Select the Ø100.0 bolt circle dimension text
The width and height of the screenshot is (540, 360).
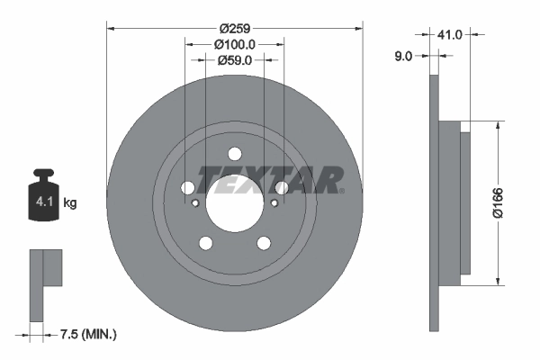click(236, 43)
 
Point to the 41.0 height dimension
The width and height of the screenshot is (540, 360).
click(450, 34)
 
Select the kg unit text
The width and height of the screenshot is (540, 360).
click(69, 203)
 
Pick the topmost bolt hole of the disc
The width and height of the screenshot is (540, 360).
click(235, 153)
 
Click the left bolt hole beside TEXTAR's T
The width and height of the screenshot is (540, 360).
click(188, 188)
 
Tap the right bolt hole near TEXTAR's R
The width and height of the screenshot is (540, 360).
click(282, 188)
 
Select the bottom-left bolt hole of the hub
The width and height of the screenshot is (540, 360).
click(206, 243)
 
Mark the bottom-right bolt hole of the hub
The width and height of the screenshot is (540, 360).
click(264, 243)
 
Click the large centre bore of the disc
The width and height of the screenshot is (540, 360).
click(235, 205)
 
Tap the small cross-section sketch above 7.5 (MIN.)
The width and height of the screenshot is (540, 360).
click(45, 281)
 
